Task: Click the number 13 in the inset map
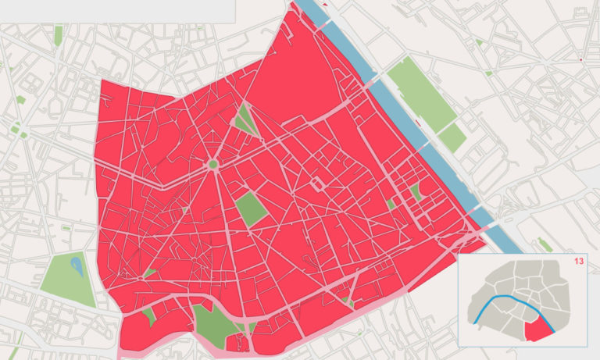579,261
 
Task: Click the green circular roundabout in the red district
212,165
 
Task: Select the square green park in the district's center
252,209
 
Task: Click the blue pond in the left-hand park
77,268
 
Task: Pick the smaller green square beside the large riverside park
452,138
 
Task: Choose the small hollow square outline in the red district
317,185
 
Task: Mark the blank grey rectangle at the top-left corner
117,11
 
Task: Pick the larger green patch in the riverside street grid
416,191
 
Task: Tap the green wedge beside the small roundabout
149,273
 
